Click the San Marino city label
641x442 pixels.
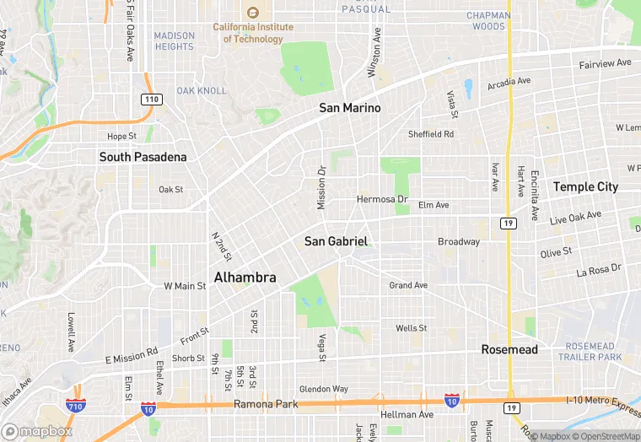pyautogui.click(x=349, y=108)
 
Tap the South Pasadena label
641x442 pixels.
pyautogui.click(x=143, y=157)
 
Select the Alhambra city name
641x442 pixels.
pyautogui.click(x=245, y=277)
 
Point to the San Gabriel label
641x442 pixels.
pyautogui.click(x=336, y=241)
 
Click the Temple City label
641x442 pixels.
pyautogui.click(x=585, y=186)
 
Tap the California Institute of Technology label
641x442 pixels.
pyautogui.click(x=252, y=33)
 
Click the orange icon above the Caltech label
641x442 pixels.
pyautogui.click(x=252, y=12)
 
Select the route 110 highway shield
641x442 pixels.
pyautogui.click(x=150, y=100)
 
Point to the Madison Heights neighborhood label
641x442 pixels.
pyautogui.click(x=175, y=41)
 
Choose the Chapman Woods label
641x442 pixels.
pyautogui.click(x=488, y=21)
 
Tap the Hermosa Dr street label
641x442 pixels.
pyautogui.click(x=382, y=200)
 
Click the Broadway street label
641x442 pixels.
pyautogui.click(x=459, y=242)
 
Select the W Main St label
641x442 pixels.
pyautogui.click(x=185, y=286)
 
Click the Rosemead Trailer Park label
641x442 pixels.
pyautogui.click(x=591, y=352)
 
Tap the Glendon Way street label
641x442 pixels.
pyautogui.click(x=324, y=389)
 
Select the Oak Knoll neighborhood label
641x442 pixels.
pyautogui.click(x=202, y=90)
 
